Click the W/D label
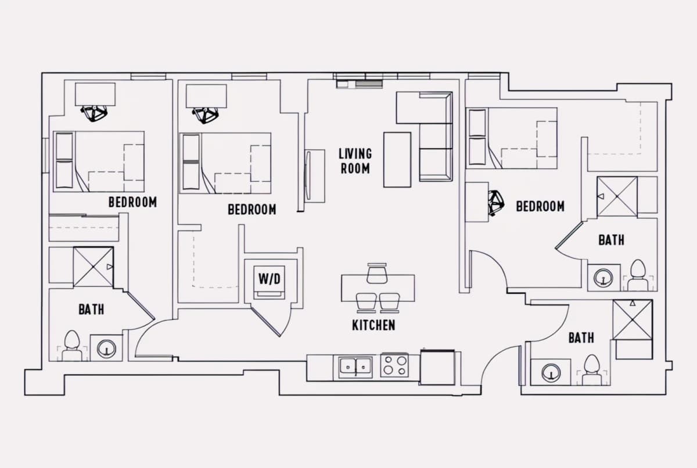pyautogui.click(x=270, y=279)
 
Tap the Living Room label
pyautogui.click(x=355, y=161)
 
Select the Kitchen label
pyautogui.click(x=373, y=325)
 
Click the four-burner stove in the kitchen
pyautogui.click(x=394, y=365)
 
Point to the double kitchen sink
pyautogui.click(x=355, y=366)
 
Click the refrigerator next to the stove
pyautogui.click(x=437, y=367)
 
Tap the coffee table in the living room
pyautogui.click(x=397, y=160)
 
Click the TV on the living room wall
pyautogui.click(x=307, y=176)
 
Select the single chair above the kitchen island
pyautogui.click(x=377, y=273)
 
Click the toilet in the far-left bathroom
pyautogui.click(x=71, y=345)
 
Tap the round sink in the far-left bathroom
pyautogui.click(x=106, y=348)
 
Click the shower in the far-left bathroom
pyautogui.click(x=94, y=267)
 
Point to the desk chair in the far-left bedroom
pyautogui.click(x=94, y=113)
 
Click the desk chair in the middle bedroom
pyautogui.click(x=205, y=116)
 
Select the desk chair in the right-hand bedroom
pyautogui.click(x=495, y=203)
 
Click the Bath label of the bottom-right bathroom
pyautogui.click(x=581, y=338)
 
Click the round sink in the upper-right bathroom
pyautogui.click(x=603, y=278)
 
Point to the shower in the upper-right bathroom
pyautogui.click(x=617, y=196)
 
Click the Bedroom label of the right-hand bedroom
pyautogui.click(x=540, y=206)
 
